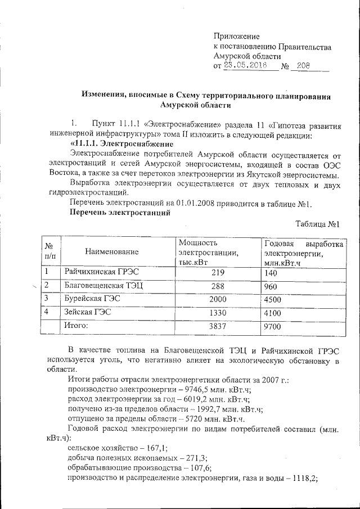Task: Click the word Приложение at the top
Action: [237, 37]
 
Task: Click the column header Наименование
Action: [111, 253]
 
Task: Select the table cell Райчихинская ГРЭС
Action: [101, 272]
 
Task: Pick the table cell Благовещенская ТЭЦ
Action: [103, 286]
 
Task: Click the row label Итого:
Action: [77, 325]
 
